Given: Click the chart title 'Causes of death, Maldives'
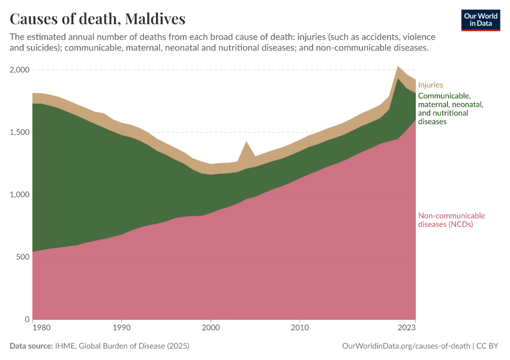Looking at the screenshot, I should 98,19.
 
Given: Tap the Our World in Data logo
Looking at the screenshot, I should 481,20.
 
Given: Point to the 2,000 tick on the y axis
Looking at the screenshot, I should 20,70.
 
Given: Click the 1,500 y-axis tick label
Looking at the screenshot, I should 20,133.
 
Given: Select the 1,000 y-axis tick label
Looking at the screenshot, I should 20,195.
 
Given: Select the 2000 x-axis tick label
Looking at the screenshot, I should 211,328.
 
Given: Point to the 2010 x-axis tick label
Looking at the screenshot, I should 299,328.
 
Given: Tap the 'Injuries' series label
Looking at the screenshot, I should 430,85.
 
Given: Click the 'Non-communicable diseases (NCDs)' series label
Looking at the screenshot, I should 451,220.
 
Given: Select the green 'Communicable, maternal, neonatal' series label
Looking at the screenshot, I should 450,109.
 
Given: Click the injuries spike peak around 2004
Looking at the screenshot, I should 246,142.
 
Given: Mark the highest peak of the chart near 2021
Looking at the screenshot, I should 398,67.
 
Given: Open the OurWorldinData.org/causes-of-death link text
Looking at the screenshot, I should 406,346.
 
